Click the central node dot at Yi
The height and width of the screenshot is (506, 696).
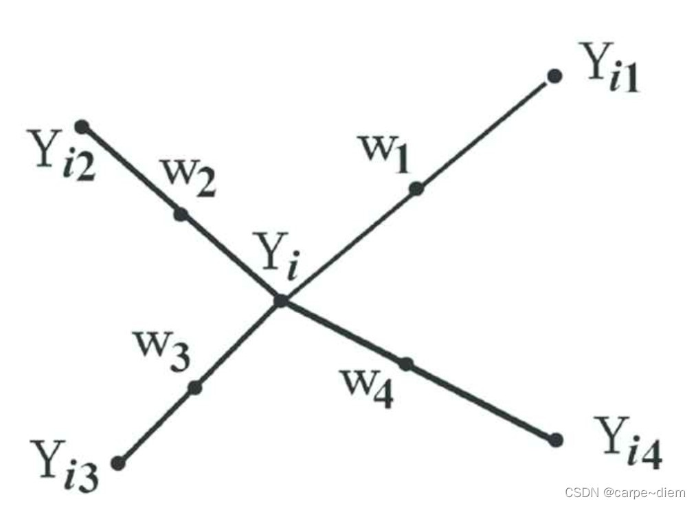(280, 301)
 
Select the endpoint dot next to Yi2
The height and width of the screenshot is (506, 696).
(82, 126)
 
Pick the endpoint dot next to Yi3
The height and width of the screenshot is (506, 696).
(118, 463)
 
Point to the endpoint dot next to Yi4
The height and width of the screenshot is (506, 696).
(556, 439)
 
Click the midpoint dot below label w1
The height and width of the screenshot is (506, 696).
(416, 189)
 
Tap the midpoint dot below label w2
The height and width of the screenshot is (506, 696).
(181, 214)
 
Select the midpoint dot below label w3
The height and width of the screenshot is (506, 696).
(195, 388)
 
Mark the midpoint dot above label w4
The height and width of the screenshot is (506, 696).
(406, 364)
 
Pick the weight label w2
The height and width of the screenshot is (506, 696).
(188, 177)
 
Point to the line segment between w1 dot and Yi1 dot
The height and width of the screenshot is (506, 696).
(485, 133)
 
